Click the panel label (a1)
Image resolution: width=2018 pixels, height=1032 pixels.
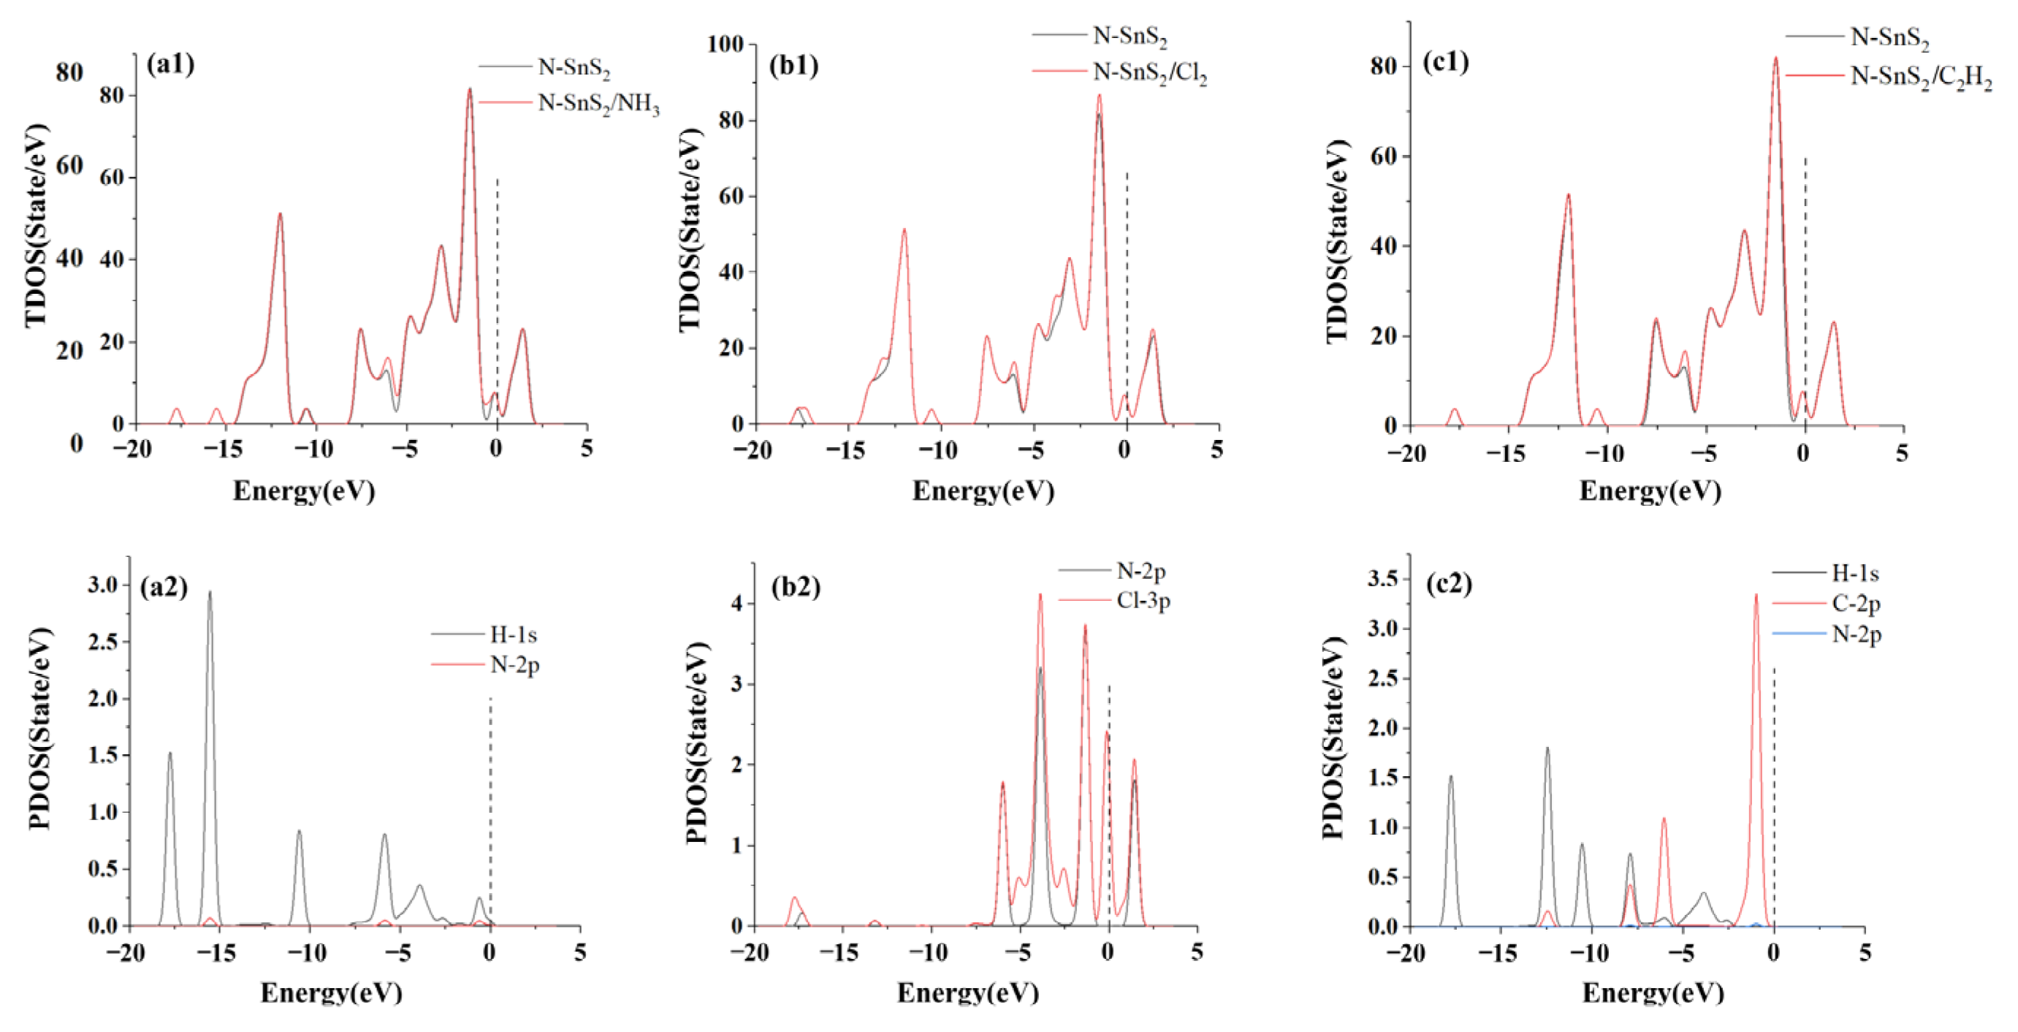click(171, 64)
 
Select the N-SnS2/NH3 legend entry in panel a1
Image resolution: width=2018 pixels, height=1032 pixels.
click(598, 104)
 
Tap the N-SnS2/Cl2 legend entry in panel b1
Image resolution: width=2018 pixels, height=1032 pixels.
click(1149, 72)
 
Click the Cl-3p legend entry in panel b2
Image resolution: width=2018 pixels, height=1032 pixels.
click(1143, 601)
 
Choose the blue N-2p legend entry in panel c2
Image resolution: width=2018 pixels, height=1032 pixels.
click(1856, 633)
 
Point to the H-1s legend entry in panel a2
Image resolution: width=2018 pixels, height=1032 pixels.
click(513, 634)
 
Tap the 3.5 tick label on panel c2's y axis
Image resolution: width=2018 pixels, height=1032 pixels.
click(1382, 579)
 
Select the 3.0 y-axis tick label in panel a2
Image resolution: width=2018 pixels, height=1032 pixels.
click(102, 585)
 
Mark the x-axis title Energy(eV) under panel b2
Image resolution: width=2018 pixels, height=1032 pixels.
click(967, 993)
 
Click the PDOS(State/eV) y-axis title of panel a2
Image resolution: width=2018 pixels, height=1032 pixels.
click(39, 729)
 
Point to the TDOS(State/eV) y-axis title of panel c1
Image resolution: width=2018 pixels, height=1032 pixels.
click(1337, 241)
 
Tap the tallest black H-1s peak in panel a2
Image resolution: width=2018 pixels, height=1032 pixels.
click(209, 593)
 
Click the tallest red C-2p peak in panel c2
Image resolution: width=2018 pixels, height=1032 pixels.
click(1756, 596)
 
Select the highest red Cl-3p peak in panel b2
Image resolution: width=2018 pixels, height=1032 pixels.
click(1040, 596)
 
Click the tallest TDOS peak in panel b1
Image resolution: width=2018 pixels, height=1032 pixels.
click(1099, 96)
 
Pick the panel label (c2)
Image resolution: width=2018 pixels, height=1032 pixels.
click(1449, 584)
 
